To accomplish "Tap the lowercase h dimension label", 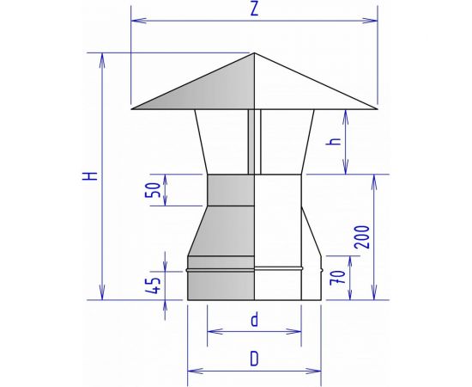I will [x=335, y=142].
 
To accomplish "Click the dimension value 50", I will [x=154, y=189].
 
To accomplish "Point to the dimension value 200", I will [x=366, y=238].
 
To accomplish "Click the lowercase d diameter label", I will [x=254, y=320].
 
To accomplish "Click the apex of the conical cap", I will [x=255, y=53].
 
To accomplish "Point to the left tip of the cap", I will [x=133, y=108].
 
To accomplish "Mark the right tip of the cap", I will [x=377, y=108].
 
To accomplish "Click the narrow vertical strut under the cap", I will [x=251, y=142].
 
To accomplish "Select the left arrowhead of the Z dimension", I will [x=134, y=16].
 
